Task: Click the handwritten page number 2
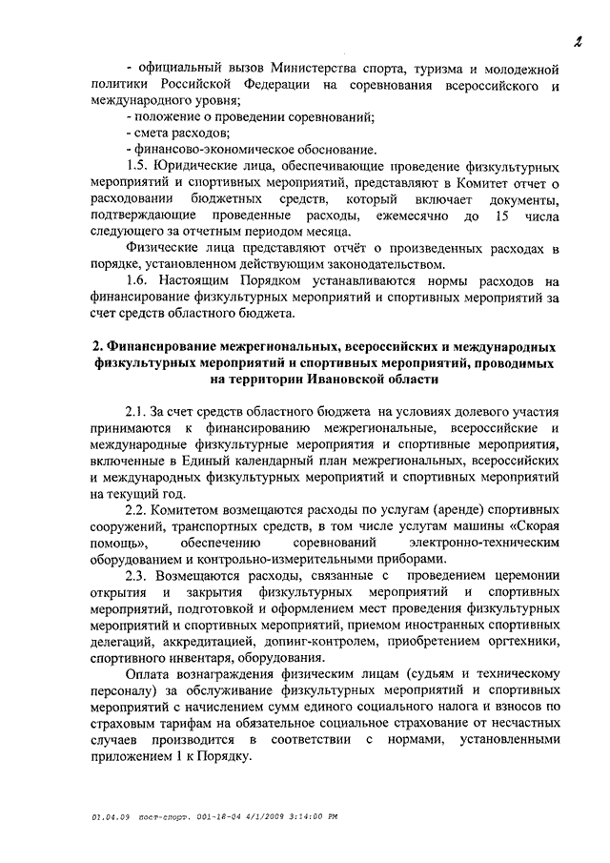pyautogui.click(x=578, y=39)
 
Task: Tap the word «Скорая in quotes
pyautogui.click(x=530, y=525)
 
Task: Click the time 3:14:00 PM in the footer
pyautogui.click(x=309, y=816)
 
